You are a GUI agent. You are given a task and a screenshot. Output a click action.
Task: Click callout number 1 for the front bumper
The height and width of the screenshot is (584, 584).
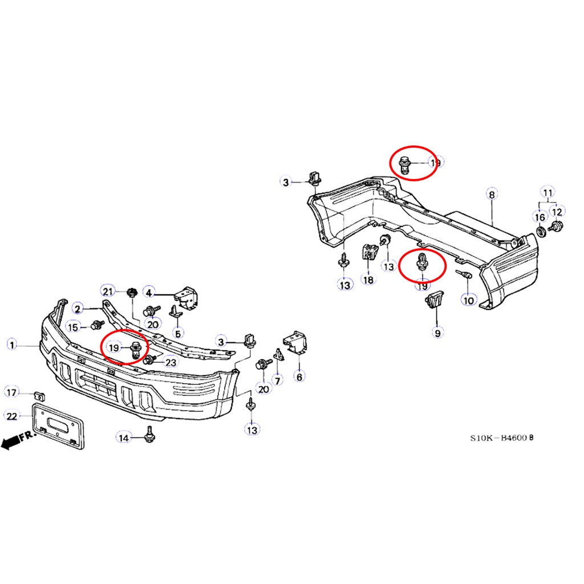pos(12,344)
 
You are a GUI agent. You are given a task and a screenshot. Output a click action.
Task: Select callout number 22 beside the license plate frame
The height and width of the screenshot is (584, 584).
pos(12,416)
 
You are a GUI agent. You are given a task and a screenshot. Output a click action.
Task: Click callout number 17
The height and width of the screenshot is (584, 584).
pos(11,392)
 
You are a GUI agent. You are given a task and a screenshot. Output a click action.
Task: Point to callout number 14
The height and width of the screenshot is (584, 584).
pos(124,437)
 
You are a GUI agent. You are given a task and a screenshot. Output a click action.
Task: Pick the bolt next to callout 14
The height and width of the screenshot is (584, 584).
pos(150,434)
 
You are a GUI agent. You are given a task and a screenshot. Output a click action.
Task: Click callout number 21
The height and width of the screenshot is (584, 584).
pos(108,291)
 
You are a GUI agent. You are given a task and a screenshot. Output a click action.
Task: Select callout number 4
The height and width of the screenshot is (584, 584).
pos(149,293)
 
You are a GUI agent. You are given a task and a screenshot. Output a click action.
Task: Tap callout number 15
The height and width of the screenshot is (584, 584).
pos(73,327)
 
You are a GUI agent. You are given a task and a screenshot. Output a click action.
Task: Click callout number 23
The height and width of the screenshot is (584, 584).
pos(171,362)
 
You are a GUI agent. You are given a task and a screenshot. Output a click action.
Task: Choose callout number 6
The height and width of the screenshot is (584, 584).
pos(299,376)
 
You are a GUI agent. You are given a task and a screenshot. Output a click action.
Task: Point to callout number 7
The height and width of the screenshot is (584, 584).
pos(278,380)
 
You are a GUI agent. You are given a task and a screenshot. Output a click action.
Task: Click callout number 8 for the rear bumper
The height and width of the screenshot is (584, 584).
pos(492,194)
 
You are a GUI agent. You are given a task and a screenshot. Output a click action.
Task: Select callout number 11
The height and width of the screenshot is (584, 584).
pos(547,193)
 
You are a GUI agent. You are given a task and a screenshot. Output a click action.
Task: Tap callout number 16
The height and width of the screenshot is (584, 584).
pos(540,217)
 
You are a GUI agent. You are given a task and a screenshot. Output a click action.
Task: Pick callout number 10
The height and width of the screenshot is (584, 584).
pos(469,300)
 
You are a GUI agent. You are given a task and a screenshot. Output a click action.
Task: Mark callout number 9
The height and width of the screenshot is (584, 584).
pos(437,332)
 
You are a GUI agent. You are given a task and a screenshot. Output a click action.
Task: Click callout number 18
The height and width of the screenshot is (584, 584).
pos(368,279)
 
